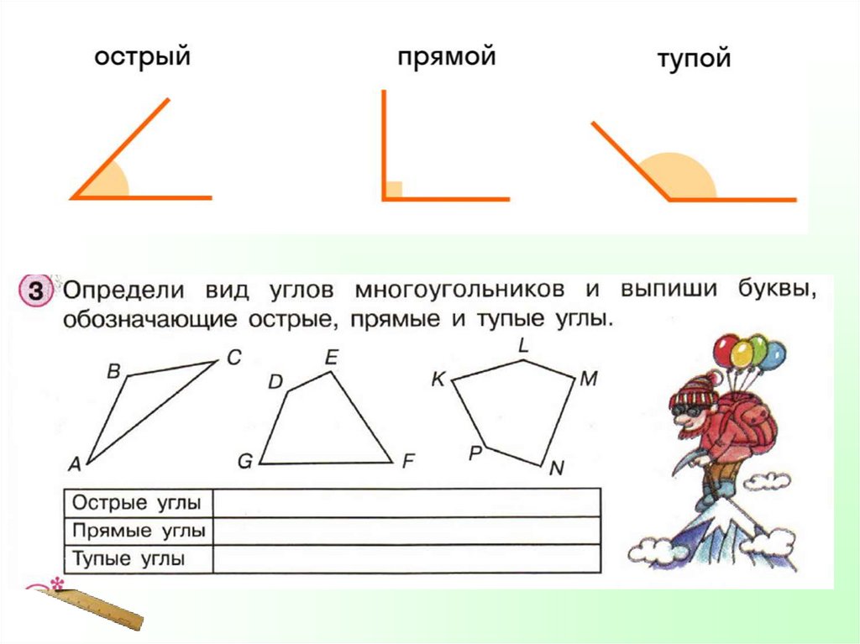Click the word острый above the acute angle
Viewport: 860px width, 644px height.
click(x=143, y=58)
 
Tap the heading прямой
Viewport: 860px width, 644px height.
click(x=447, y=58)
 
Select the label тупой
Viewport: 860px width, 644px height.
click(x=694, y=60)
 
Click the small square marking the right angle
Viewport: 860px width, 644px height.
click(x=393, y=189)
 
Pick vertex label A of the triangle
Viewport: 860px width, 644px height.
click(x=74, y=463)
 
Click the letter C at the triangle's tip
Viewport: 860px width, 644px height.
click(x=233, y=359)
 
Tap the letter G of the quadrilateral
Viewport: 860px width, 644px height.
click(x=245, y=460)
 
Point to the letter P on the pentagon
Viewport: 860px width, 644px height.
click(x=475, y=453)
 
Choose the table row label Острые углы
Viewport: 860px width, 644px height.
click(x=137, y=503)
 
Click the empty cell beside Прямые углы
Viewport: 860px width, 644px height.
click(x=407, y=531)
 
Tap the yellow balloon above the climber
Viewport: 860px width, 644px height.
click(x=742, y=353)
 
